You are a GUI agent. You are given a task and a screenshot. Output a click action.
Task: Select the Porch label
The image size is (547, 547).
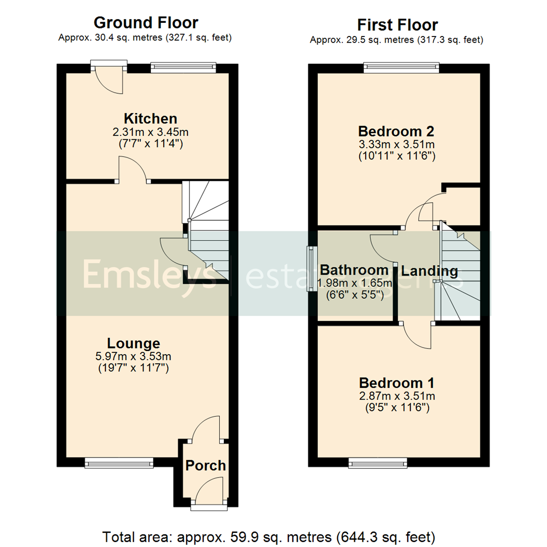[205, 465]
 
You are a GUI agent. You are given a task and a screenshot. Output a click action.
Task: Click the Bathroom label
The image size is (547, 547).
[354, 269]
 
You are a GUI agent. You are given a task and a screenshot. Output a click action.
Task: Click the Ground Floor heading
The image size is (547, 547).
[146, 23]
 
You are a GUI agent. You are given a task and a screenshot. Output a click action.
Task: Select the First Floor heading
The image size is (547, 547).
[398, 25]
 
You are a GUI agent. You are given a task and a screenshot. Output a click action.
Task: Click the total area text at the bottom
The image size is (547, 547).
[269, 536]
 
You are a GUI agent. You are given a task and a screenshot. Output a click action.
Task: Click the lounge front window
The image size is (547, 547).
[119, 461]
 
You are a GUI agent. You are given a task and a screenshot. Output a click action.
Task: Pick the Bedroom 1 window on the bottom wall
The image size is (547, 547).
[378, 461]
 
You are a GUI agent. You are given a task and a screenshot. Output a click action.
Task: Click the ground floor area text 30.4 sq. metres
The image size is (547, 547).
[146, 37]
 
